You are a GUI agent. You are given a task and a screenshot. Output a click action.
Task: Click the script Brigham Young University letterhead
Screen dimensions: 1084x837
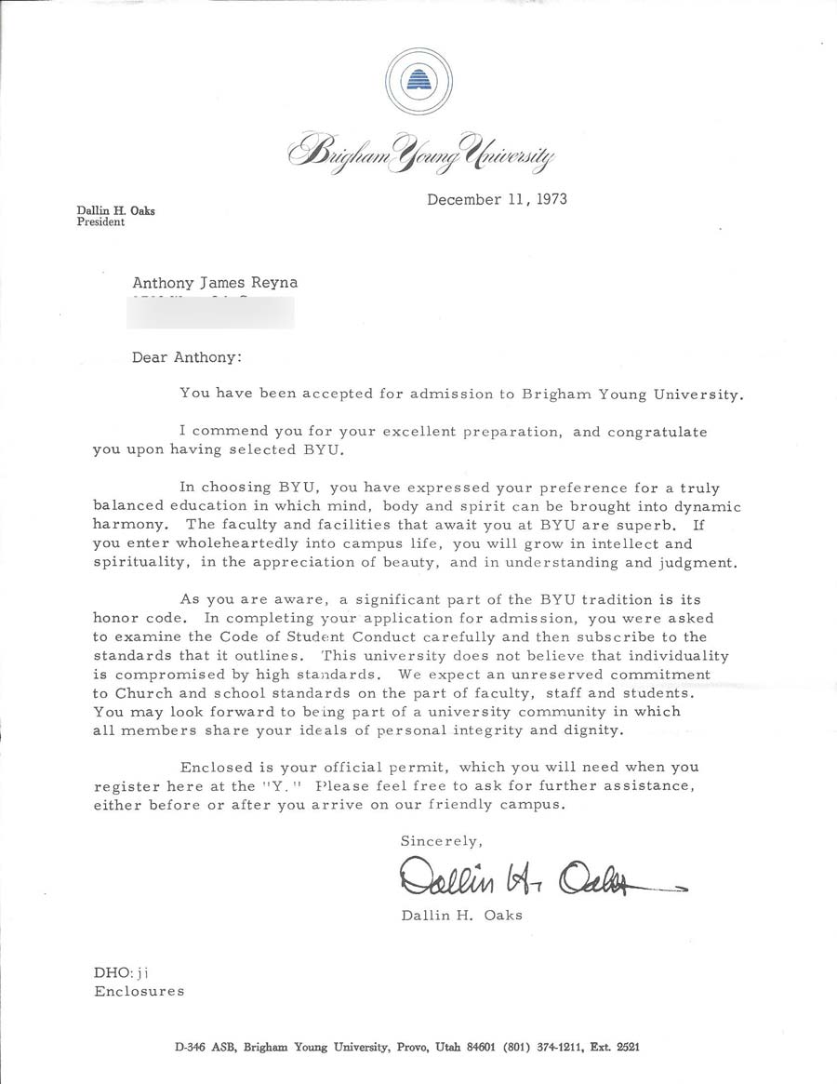(x=421, y=151)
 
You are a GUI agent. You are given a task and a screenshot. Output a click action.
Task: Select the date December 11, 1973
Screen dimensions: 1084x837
(x=497, y=199)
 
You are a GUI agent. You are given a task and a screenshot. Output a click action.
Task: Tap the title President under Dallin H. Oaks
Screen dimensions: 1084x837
(x=100, y=223)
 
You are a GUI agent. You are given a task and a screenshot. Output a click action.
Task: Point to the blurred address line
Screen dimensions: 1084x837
(x=212, y=313)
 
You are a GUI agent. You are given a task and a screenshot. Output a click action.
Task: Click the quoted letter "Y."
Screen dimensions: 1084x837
(x=279, y=786)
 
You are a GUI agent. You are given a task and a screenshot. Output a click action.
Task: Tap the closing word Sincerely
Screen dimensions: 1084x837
(x=442, y=841)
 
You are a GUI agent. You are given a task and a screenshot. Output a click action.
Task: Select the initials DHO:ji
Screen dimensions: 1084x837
(x=122, y=972)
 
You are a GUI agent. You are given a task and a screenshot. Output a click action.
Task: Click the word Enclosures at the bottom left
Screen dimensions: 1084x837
(x=139, y=991)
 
